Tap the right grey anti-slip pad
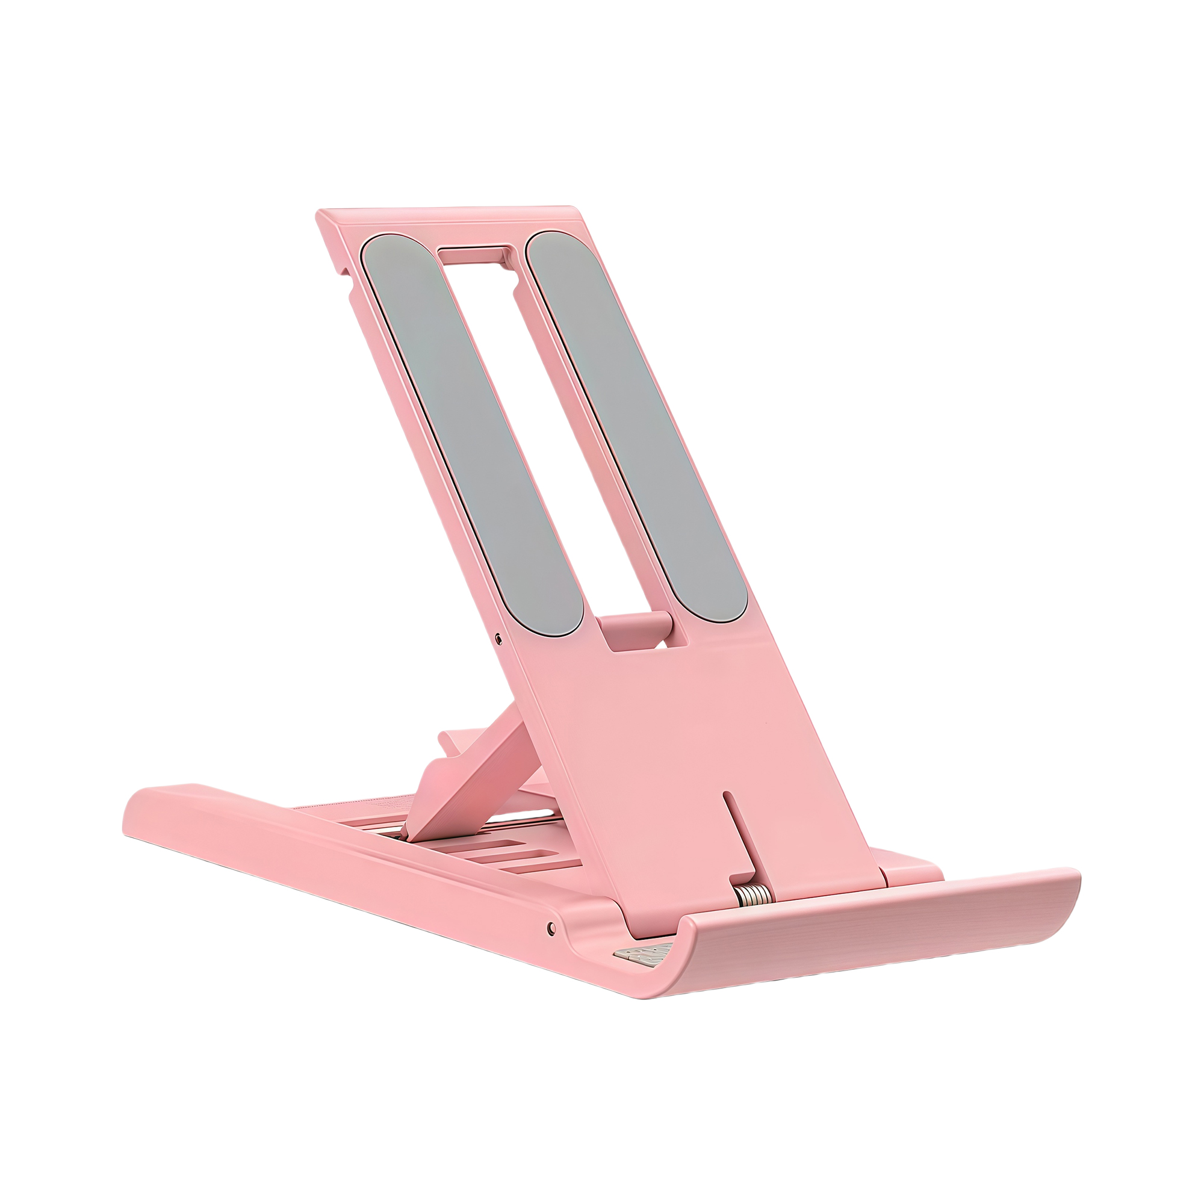click(x=636, y=430)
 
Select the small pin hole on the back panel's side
click(x=498, y=638)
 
